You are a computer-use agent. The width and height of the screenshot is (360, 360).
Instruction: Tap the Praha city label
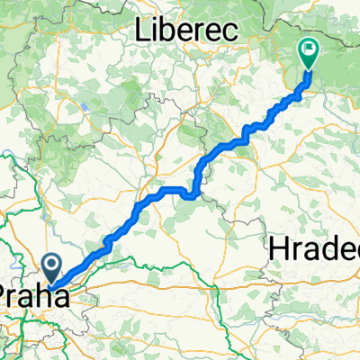click(32, 297)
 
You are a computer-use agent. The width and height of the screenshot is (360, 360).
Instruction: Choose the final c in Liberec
click(231, 31)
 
